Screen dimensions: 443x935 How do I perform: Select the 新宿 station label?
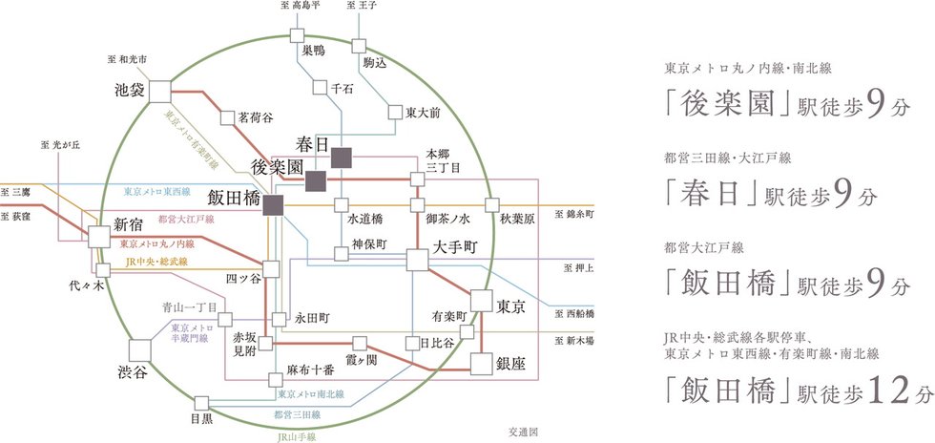[x=129, y=225]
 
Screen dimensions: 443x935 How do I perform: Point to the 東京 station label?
[x=511, y=307]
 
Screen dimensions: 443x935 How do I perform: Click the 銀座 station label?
[x=511, y=364]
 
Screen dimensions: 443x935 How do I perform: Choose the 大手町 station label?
[x=454, y=247]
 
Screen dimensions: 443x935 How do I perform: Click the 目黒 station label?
[x=201, y=417]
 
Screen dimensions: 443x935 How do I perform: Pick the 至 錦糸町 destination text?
[x=573, y=215]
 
